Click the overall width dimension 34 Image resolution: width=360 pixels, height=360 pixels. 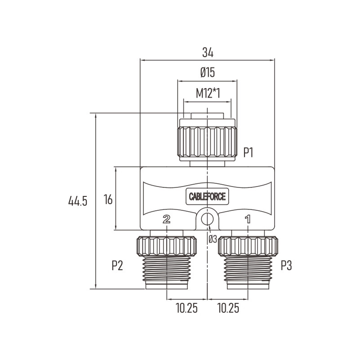(208, 53)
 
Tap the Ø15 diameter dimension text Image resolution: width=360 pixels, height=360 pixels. (208, 73)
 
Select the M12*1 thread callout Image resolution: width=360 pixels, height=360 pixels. (208, 93)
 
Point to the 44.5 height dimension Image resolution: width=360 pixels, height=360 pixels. (78, 201)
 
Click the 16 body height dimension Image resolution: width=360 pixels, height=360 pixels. (108, 199)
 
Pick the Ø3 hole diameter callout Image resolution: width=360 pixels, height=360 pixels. (213, 240)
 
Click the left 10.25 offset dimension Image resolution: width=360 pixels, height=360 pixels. (187, 308)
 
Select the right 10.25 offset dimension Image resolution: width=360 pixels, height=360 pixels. (228, 308)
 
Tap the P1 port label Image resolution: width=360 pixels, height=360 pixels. (248, 152)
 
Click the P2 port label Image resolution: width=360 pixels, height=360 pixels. (117, 266)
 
